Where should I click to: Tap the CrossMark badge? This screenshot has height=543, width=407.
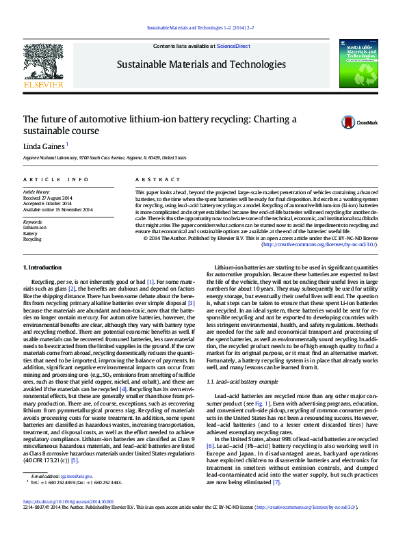(355, 123)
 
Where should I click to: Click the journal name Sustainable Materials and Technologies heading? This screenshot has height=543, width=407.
(202, 65)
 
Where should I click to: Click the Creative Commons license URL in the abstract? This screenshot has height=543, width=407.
(319, 244)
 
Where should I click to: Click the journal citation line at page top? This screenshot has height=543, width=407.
(202, 28)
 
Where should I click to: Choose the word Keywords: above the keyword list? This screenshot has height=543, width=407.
(33, 222)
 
